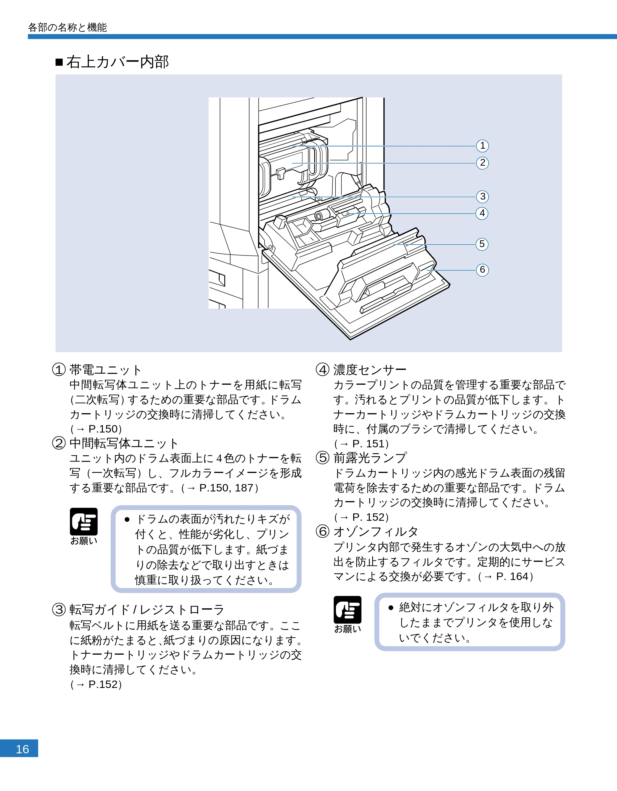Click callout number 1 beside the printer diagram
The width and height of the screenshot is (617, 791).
pos(482,146)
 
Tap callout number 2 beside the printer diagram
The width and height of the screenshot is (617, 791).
pos(482,163)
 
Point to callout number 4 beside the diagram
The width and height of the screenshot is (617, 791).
pos(482,213)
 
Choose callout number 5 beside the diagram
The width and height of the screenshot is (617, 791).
pos(482,244)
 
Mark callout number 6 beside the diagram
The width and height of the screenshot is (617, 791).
pos(482,270)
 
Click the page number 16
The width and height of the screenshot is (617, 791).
pos(22,749)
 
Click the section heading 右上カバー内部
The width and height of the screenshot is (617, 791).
pos(117,62)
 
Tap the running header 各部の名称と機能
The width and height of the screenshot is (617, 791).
pos(67,27)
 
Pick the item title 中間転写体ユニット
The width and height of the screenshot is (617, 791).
pos(124,443)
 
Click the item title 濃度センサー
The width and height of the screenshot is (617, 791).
pos(370,370)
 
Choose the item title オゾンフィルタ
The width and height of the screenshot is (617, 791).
pos(375,532)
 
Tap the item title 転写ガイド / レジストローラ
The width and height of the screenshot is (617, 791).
pos(147,610)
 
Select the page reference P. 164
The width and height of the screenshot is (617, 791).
pos(512,576)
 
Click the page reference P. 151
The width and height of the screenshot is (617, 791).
pos(369,444)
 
